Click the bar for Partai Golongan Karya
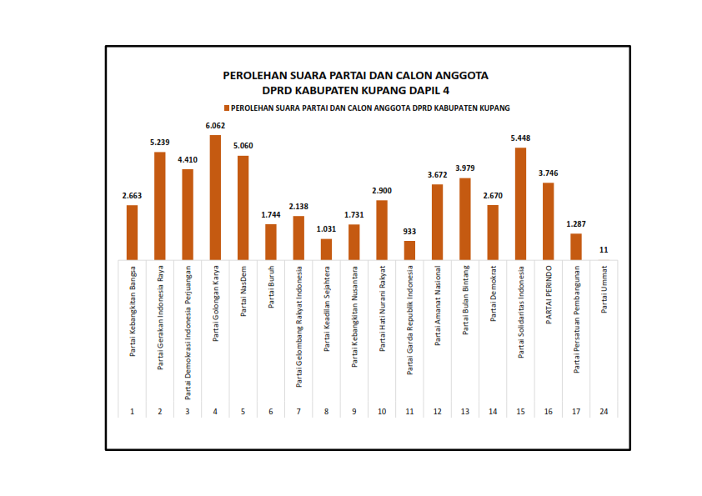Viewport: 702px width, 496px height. [x=215, y=197]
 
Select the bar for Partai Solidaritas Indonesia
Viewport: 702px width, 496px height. [x=520, y=203]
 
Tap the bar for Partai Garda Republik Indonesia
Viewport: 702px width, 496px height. [x=409, y=250]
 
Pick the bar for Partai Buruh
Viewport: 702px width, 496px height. [x=271, y=242]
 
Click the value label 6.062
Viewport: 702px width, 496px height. [x=215, y=127]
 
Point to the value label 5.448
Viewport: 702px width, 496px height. [x=520, y=139]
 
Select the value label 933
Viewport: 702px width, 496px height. [x=409, y=232]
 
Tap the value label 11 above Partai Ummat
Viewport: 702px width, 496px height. [x=604, y=250]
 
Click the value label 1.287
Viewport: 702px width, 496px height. [x=576, y=224]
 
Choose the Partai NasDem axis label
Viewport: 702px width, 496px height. [x=243, y=292]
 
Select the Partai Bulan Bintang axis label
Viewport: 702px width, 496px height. [x=465, y=299]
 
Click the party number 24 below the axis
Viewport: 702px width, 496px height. [x=604, y=412]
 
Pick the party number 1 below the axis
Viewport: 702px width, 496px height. [x=132, y=412]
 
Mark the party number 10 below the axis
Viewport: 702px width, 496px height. [x=382, y=412]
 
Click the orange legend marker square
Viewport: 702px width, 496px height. [x=226, y=108]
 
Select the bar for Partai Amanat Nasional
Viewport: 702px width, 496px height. [x=437, y=222]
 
